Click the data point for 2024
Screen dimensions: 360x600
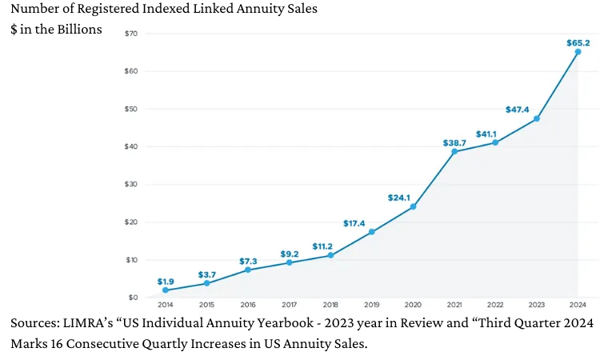[x=578, y=52]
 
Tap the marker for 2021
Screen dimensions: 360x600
[x=454, y=151]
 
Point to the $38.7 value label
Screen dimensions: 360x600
[x=455, y=142]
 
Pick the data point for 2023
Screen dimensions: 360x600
[x=536, y=118]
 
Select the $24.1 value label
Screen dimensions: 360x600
[x=400, y=198]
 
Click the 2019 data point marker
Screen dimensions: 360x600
[x=372, y=232]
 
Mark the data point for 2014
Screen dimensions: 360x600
[x=166, y=290]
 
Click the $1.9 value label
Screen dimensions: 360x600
[x=166, y=281]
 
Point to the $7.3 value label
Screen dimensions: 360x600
[x=248, y=261]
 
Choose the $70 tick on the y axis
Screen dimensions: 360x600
[x=131, y=34]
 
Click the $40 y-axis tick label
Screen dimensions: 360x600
[x=131, y=146]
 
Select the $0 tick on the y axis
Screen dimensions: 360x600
[x=133, y=298]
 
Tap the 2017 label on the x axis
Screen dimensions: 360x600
[x=289, y=305]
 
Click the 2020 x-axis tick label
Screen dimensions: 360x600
[x=413, y=305]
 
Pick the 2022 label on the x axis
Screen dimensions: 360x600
[x=495, y=305]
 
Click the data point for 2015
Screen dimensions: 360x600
[x=206, y=283]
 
